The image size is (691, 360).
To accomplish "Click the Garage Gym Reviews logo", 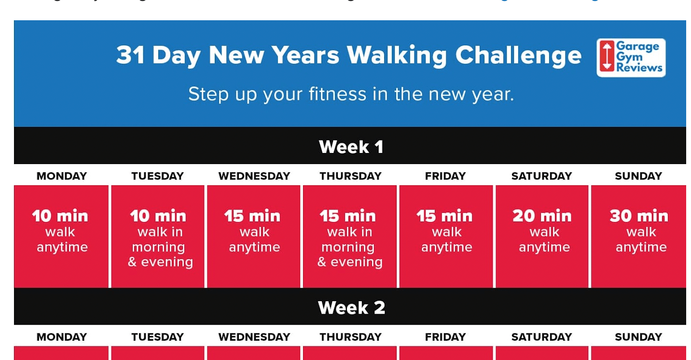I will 631,58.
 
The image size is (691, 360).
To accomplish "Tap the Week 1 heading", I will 351,147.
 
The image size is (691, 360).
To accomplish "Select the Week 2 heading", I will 351,307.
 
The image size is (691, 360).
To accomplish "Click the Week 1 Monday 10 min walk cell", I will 61,236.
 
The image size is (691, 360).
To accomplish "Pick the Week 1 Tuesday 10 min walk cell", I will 158,236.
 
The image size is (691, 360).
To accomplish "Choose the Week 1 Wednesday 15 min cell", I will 254,236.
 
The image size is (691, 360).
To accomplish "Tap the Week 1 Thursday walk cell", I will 349,236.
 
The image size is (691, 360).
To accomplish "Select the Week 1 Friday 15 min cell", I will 446,236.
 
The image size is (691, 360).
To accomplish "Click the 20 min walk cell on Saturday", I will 542,236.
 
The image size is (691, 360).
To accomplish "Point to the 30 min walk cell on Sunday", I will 638,236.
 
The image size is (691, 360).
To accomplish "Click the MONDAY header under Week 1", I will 62,176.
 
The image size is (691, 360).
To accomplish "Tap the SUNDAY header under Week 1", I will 638,176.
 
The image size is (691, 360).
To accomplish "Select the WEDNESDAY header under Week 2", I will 254,337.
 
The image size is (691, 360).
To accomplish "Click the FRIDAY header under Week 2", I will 445,337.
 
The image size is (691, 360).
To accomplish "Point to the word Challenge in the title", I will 518,55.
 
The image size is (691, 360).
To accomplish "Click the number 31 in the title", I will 131,55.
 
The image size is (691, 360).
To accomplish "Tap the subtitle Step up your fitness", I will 351,94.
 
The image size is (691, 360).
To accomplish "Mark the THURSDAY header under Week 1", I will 350,176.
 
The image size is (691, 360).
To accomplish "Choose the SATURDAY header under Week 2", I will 541,337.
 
